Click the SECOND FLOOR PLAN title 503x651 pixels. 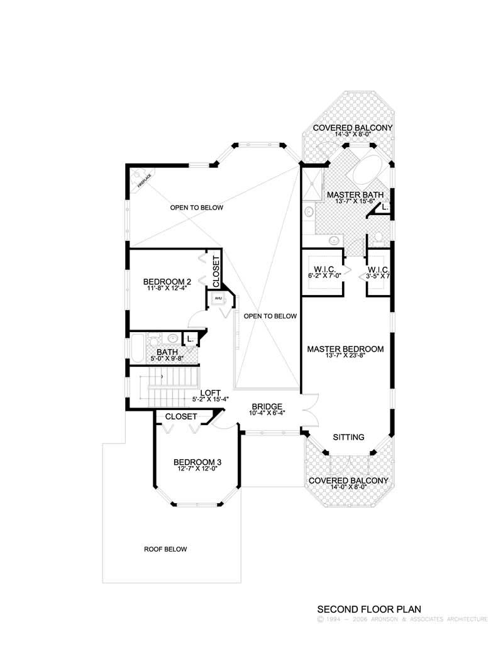(x=368, y=609)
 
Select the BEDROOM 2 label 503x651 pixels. (x=167, y=282)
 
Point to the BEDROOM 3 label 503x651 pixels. (x=197, y=463)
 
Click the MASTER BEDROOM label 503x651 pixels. (x=345, y=348)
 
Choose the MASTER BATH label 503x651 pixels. (x=355, y=195)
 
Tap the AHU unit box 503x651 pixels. (x=218, y=298)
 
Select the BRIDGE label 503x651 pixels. (x=267, y=406)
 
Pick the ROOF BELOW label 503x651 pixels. (x=165, y=549)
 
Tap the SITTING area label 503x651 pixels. (x=348, y=436)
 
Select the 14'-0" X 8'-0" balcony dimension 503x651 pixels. (x=348, y=487)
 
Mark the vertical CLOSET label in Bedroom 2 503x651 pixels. (x=216, y=269)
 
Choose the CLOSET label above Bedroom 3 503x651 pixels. (x=181, y=416)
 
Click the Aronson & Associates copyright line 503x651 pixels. (x=402, y=620)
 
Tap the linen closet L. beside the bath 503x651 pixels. (x=189, y=339)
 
